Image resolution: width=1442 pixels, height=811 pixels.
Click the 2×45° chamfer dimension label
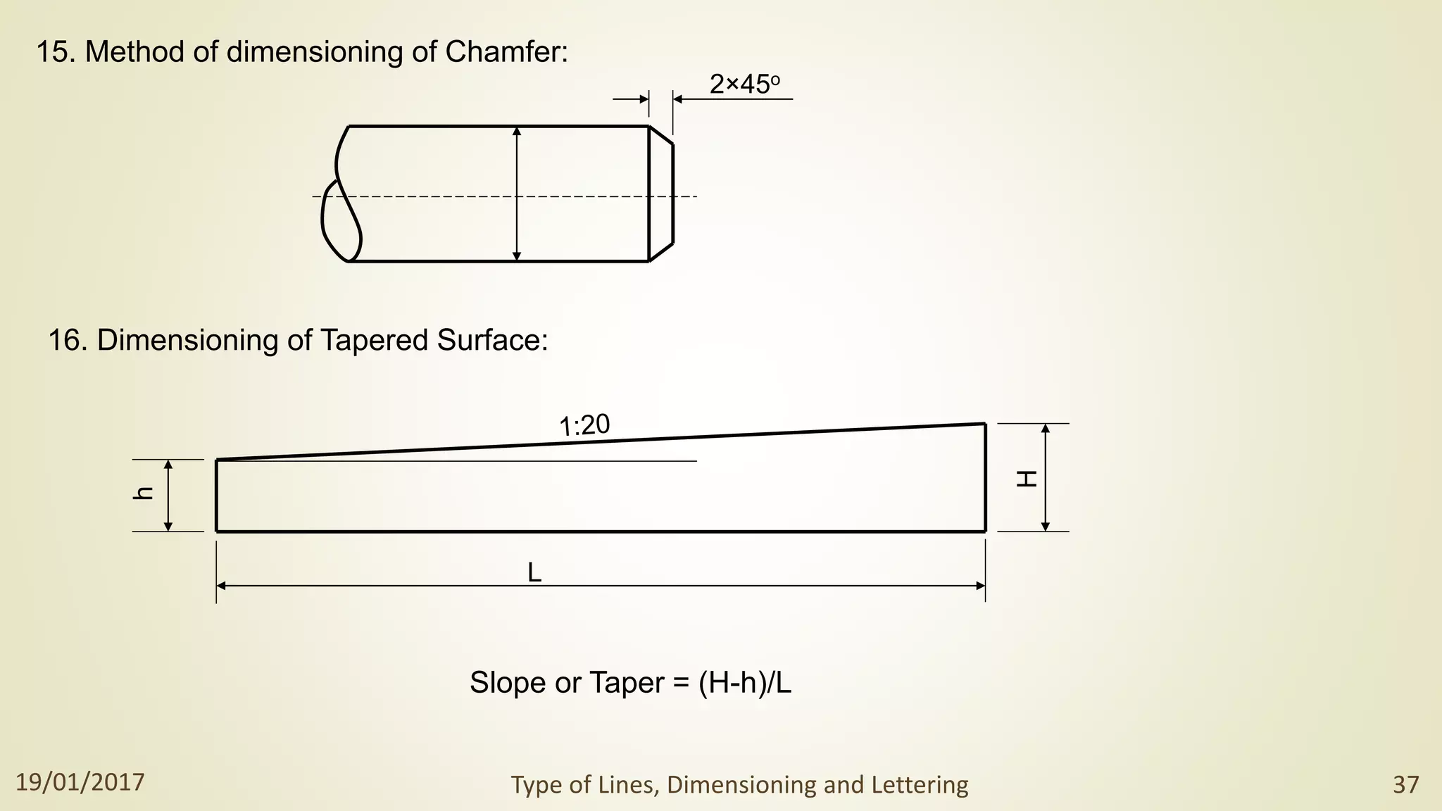744,84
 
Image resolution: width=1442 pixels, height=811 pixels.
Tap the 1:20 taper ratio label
584,425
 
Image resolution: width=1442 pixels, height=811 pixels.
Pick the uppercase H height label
1027,479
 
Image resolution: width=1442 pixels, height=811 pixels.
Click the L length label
534,573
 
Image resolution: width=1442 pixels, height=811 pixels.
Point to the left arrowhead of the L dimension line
221,586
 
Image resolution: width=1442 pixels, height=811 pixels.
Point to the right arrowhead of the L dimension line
980,586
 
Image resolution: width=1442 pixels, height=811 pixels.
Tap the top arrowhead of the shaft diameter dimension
517,132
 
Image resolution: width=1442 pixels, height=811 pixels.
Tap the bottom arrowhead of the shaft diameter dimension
517,256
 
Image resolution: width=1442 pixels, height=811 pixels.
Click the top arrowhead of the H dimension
1046,429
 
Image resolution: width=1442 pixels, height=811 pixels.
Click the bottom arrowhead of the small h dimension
168,526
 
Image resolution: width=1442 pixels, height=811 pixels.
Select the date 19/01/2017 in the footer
80,782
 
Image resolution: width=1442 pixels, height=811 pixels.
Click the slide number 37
1405,784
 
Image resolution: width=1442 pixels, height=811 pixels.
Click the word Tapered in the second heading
375,341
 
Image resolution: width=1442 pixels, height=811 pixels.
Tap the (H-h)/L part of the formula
744,683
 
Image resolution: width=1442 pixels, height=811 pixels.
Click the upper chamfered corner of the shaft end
660,135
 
